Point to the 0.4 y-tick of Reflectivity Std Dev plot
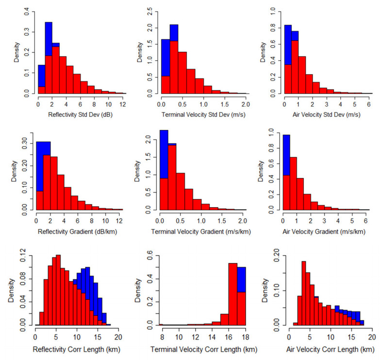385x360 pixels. (x=27, y=10)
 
